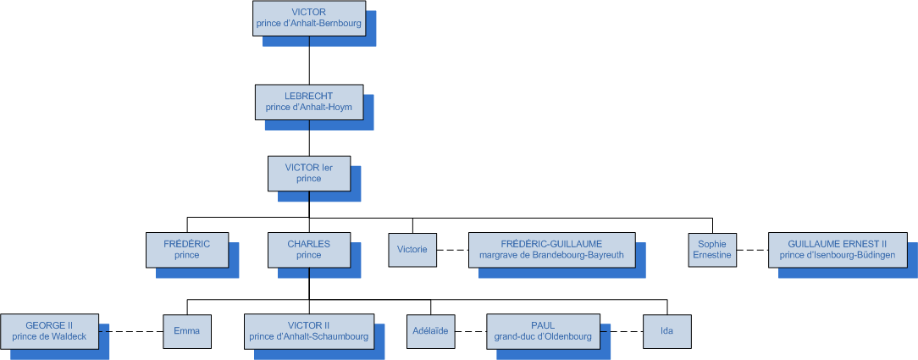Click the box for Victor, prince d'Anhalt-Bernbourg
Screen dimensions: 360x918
tap(308, 18)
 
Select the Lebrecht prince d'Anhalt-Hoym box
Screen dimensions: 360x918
tap(308, 102)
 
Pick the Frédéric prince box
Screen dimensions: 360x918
tap(186, 249)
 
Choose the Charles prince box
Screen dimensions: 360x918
tap(308, 249)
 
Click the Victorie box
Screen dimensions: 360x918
tap(412, 249)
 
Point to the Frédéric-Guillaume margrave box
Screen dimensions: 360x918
tap(551, 249)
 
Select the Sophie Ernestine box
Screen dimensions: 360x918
tap(712, 249)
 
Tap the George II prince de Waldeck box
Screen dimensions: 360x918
tap(49, 330)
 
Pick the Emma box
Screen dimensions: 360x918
tap(186, 330)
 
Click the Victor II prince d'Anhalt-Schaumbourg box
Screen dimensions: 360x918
tap(308, 330)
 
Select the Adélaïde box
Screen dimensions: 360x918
tap(430, 330)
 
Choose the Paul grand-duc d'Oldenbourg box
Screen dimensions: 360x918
tap(543, 330)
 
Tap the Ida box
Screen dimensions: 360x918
tap(666, 330)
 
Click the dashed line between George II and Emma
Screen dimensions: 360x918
tap(130, 330)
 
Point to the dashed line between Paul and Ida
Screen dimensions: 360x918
tap(622, 330)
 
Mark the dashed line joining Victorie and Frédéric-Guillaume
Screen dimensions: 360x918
tap(452, 249)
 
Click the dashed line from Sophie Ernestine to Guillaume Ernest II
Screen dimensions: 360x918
tap(753, 249)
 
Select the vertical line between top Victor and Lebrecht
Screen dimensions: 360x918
tap(309, 59)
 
